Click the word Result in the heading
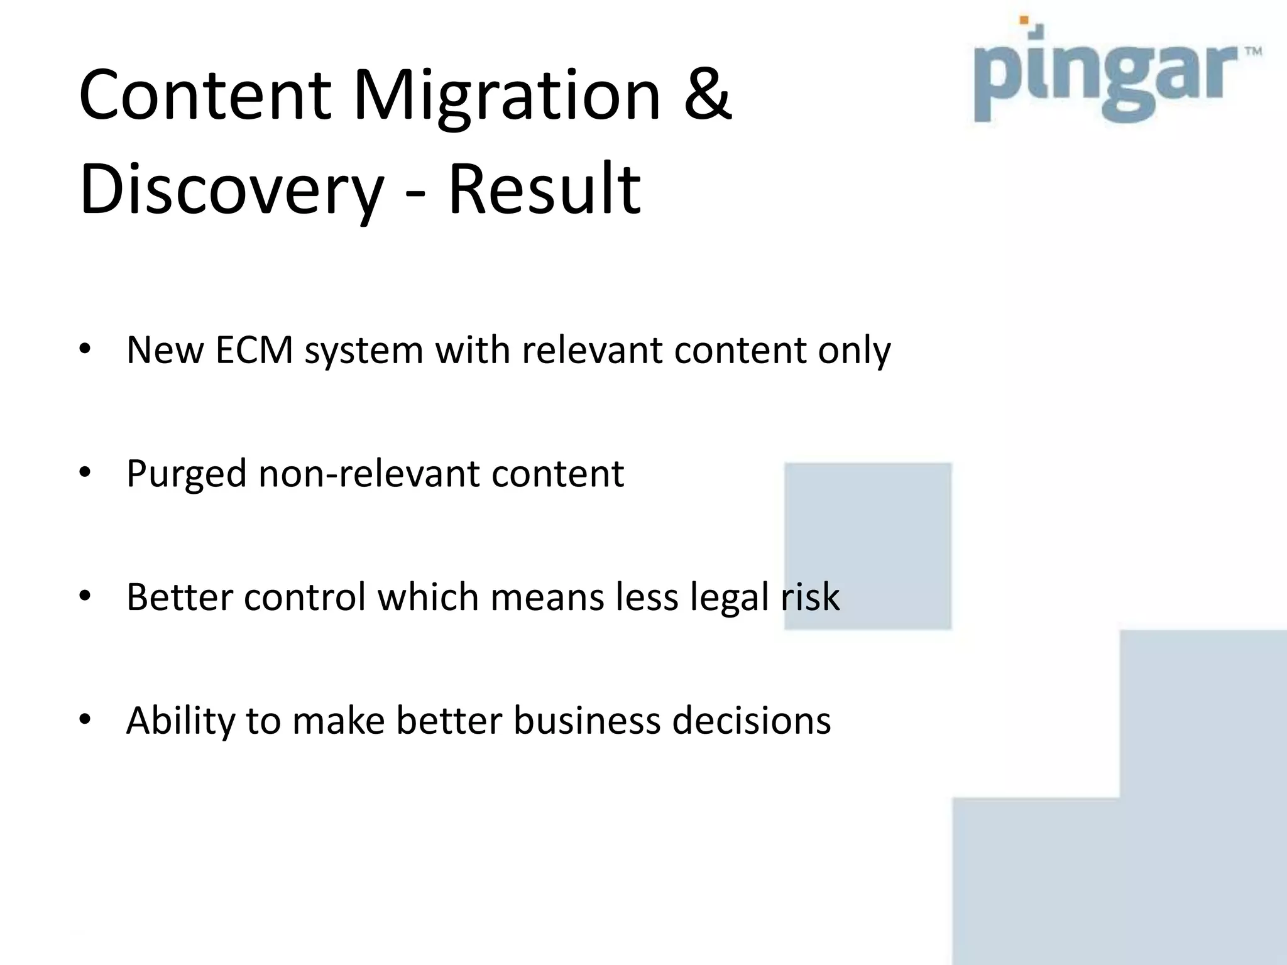pyautogui.click(x=544, y=189)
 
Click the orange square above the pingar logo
pyautogui.click(x=1024, y=20)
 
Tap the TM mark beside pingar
pyautogui.click(x=1253, y=52)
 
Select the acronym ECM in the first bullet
pyautogui.click(x=254, y=350)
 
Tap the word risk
pyautogui.click(x=810, y=597)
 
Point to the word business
pyautogui.click(x=587, y=720)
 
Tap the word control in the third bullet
pyautogui.click(x=305, y=597)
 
